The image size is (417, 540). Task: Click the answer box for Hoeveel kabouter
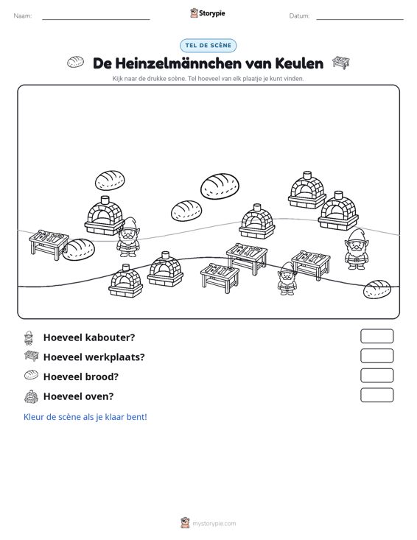click(x=376, y=336)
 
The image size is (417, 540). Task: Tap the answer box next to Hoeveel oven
click(x=376, y=395)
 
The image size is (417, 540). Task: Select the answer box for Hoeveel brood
click(x=376, y=376)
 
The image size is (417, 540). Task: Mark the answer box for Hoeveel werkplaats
click(x=376, y=356)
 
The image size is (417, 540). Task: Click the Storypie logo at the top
click(x=208, y=13)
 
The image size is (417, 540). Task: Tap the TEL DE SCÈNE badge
click(x=208, y=46)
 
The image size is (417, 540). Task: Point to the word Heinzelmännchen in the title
click(x=178, y=63)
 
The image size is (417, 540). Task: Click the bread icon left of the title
click(x=75, y=62)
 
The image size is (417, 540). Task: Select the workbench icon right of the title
click(x=340, y=63)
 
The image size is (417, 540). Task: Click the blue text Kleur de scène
click(x=85, y=417)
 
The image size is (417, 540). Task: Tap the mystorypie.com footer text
click(x=214, y=524)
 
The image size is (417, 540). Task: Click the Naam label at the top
click(x=23, y=16)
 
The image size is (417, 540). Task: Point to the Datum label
click(x=299, y=16)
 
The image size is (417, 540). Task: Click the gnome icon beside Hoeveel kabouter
click(x=29, y=338)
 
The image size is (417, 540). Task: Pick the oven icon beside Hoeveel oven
click(x=31, y=396)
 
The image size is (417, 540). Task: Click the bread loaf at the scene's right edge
click(x=377, y=290)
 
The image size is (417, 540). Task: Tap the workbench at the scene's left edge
click(x=49, y=244)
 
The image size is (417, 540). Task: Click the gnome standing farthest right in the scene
click(x=357, y=249)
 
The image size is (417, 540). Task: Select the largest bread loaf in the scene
click(x=220, y=186)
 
